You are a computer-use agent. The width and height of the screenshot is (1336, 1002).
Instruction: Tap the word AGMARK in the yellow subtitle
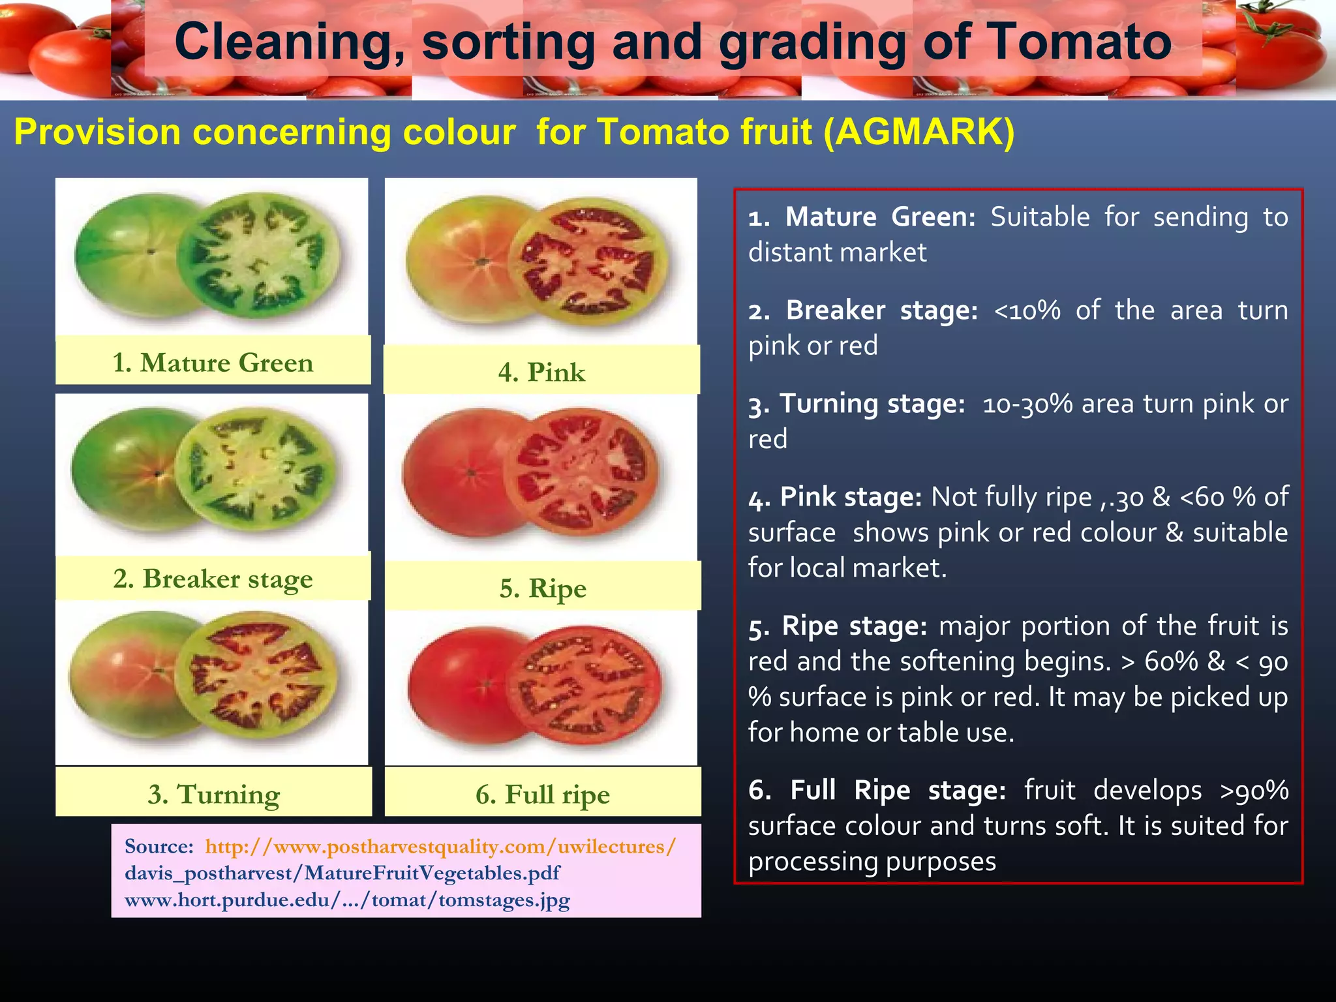pyautogui.click(x=918, y=132)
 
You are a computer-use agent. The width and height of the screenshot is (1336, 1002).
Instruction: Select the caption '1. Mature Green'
pyautogui.click(x=213, y=363)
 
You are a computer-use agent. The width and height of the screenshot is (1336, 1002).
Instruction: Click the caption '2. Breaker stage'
pyautogui.click(x=213, y=579)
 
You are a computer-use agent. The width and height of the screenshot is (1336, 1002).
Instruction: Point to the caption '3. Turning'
pyautogui.click(x=214, y=795)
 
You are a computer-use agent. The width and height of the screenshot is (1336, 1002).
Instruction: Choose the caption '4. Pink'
pyautogui.click(x=541, y=372)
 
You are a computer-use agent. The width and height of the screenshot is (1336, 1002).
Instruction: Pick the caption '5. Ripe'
pyautogui.click(x=543, y=588)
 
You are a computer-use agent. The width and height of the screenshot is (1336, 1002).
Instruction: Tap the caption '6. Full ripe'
pyautogui.click(x=543, y=795)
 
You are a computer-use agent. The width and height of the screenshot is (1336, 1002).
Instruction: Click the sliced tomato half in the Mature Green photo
pyautogui.click(x=259, y=255)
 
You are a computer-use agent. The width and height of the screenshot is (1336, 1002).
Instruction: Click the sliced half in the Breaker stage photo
pyautogui.click(x=256, y=468)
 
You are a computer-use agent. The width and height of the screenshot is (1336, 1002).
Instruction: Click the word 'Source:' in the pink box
pyautogui.click(x=159, y=847)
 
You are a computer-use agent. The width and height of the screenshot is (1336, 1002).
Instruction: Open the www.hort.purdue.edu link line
pyautogui.click(x=347, y=900)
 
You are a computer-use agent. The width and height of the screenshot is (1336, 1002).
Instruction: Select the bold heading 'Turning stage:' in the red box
pyautogui.click(x=872, y=404)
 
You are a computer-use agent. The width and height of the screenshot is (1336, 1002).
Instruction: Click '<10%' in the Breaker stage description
pyautogui.click(x=1027, y=311)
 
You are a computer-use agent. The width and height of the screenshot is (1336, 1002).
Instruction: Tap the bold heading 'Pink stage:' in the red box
pyautogui.click(x=851, y=498)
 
